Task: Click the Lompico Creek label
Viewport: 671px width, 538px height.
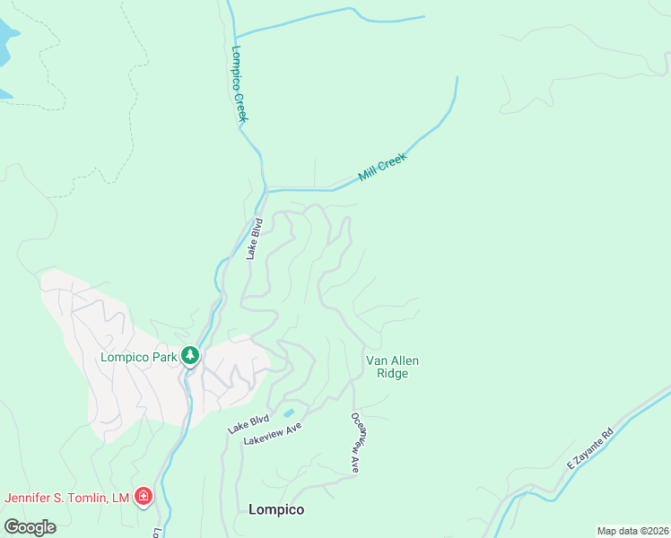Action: (240, 84)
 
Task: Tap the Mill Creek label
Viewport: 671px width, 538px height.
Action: (383, 167)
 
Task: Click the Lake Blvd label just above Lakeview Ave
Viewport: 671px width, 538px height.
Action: (248, 424)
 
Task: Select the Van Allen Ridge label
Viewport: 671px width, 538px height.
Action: (392, 367)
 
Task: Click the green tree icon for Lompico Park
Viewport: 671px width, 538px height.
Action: (190, 356)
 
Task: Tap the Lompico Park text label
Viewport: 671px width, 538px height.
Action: (138, 357)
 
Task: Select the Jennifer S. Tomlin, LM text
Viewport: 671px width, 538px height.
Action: (67, 498)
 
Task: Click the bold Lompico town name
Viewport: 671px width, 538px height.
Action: (275, 509)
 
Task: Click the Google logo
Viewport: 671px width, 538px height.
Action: (30, 526)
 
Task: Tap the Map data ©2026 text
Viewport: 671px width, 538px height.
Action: (632, 531)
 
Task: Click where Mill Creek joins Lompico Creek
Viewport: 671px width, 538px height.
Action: (266, 189)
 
